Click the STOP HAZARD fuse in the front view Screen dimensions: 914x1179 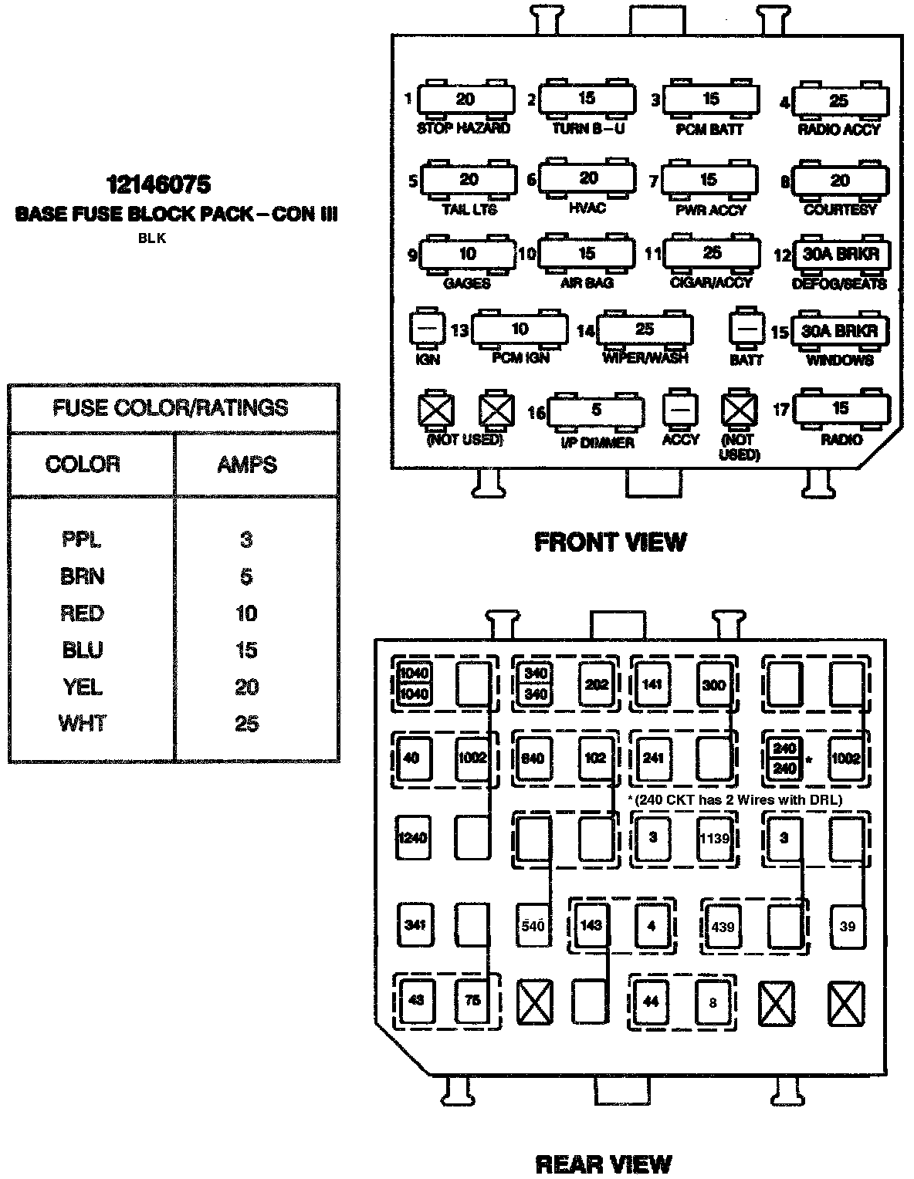pyautogui.click(x=465, y=99)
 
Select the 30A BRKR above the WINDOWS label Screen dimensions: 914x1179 pyautogui.click(x=840, y=331)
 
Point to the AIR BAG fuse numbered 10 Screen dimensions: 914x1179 pyautogui.click(x=587, y=253)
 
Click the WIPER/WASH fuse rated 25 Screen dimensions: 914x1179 pyautogui.click(x=645, y=329)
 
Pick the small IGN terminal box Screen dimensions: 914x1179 pyautogui.click(x=428, y=329)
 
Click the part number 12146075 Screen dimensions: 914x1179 pyautogui.click(x=157, y=184)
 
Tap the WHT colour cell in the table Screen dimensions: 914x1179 pyautogui.click(x=82, y=723)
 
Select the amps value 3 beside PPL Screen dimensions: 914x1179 pyautogui.click(x=246, y=539)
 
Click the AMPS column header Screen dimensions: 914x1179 pyautogui.click(x=247, y=465)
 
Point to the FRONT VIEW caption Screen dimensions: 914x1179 pyautogui.click(x=610, y=542)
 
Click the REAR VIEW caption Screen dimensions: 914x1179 pyautogui.click(x=604, y=1163)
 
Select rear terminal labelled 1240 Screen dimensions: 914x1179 pyautogui.click(x=413, y=838)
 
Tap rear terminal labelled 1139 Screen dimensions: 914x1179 pyautogui.click(x=714, y=838)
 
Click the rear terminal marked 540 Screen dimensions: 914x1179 pyautogui.click(x=533, y=924)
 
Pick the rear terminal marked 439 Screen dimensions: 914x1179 pyautogui.click(x=723, y=927)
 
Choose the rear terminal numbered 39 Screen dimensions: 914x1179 pyautogui.click(x=848, y=927)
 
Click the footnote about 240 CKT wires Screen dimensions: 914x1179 pyautogui.click(x=735, y=799)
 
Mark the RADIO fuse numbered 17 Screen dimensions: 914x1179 pyautogui.click(x=841, y=408)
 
